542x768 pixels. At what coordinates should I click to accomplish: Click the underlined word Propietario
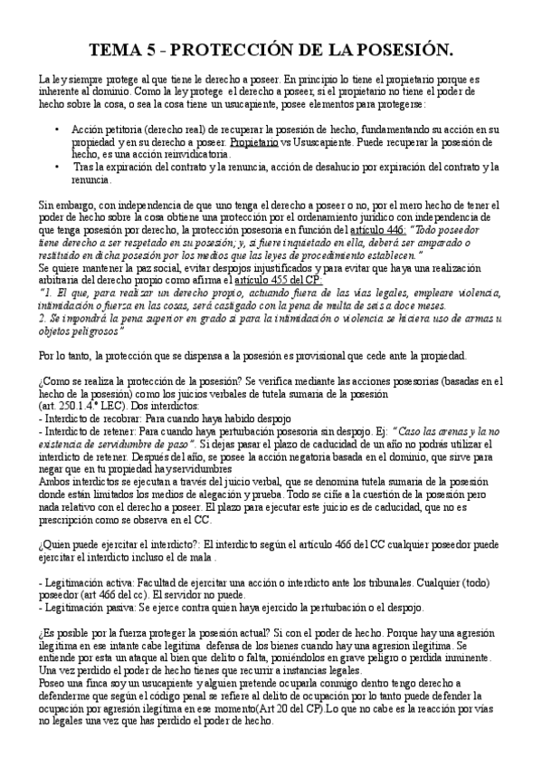pos(254,143)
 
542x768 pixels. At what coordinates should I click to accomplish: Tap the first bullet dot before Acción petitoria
pos(58,130)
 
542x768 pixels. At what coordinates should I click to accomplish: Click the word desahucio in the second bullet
pos(334,168)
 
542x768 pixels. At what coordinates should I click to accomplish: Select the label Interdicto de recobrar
pos(86,418)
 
